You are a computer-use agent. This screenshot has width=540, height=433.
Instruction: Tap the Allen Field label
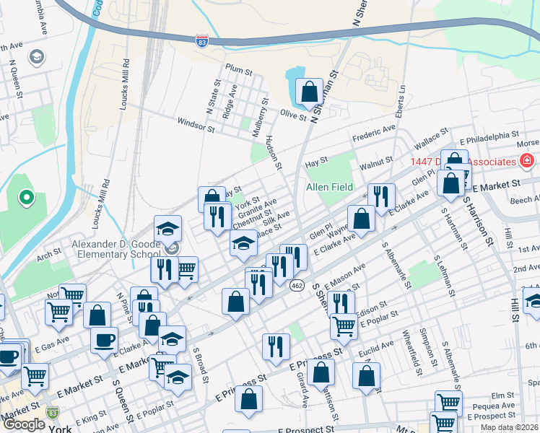(329, 187)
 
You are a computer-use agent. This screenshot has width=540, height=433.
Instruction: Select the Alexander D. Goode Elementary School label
(116, 249)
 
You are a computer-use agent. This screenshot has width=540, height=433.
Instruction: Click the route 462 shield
(297, 286)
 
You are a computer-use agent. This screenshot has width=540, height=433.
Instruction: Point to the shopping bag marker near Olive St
(309, 92)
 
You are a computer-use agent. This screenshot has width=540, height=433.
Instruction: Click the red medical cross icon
(527, 159)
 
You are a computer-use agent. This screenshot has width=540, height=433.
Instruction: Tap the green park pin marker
(27, 196)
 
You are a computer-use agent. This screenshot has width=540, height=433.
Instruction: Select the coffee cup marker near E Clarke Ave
(104, 340)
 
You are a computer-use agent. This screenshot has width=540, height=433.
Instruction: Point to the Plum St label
(238, 72)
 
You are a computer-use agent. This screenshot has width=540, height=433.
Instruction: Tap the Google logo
(24, 424)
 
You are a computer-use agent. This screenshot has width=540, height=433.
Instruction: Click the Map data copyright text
(510, 427)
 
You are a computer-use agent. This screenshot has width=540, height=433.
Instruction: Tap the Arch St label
(48, 253)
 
